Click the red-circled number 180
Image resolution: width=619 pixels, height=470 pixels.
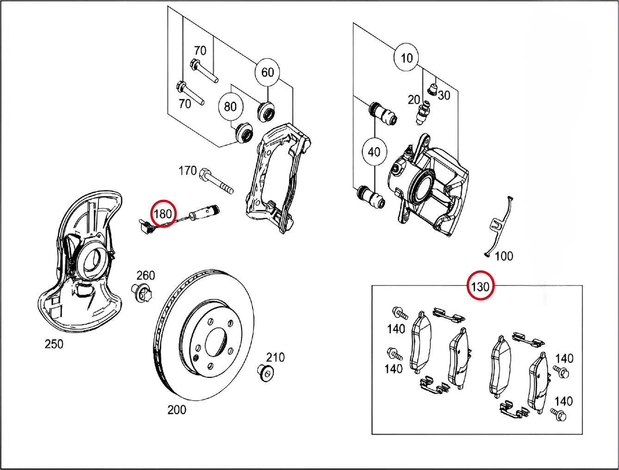[163, 214]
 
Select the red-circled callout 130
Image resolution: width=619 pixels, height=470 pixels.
[480, 287]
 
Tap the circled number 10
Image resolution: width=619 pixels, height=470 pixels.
[406, 58]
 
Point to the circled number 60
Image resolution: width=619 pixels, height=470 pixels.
[267, 72]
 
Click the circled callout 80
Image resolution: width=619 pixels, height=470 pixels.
[230, 106]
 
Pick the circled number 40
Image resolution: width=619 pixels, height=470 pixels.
[374, 152]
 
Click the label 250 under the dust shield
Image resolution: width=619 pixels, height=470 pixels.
[54, 344]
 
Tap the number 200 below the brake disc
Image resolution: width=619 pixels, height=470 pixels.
[177, 410]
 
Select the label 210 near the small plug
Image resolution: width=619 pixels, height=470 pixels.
[275, 357]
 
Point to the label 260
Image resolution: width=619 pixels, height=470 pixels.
[145, 276]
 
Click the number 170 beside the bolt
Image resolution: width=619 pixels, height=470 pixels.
[188, 171]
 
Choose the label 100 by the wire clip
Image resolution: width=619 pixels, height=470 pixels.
[504, 256]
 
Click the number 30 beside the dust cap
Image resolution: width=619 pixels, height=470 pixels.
[444, 95]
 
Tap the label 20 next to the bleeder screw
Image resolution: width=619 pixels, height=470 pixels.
[414, 99]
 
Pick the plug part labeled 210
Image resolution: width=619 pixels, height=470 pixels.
[265, 372]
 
